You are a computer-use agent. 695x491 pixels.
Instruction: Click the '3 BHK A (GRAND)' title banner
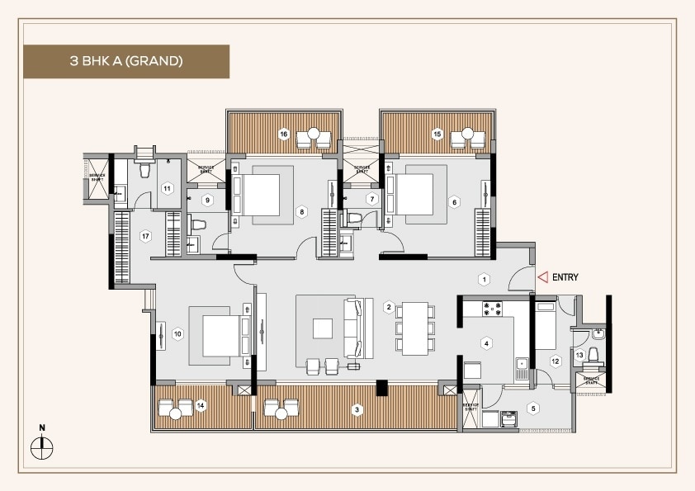tap(126, 61)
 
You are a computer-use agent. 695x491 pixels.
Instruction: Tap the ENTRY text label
tap(569, 278)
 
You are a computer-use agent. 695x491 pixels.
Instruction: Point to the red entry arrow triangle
tap(542, 278)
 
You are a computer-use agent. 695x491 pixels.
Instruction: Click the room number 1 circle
tap(485, 279)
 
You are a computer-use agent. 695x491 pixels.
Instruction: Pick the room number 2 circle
tap(388, 307)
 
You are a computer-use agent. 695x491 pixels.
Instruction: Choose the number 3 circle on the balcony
tap(357, 409)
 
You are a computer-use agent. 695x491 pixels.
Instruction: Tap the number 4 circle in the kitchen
tap(487, 343)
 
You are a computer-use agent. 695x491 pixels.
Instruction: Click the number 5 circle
tap(533, 408)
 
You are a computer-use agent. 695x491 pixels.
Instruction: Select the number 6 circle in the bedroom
tap(454, 201)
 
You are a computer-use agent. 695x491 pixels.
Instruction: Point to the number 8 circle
tap(302, 212)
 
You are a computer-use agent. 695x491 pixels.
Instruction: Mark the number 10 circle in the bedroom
tap(177, 334)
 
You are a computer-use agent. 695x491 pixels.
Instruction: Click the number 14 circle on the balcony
tap(200, 405)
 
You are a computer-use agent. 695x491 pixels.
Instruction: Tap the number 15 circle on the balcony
tap(437, 134)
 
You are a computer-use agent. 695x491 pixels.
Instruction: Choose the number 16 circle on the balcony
tap(283, 134)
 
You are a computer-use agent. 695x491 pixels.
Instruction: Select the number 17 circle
tap(145, 237)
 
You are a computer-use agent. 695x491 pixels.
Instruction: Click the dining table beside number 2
tap(414, 328)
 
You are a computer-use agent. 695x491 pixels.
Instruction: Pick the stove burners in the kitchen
tap(493, 309)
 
